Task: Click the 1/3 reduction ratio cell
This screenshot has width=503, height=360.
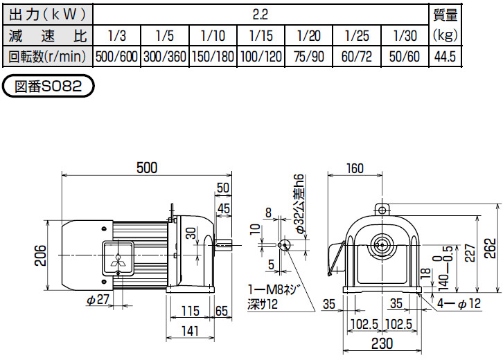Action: point(116,35)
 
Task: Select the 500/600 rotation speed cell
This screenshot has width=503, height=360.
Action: point(116,57)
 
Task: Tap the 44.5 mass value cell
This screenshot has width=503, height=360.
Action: point(444,57)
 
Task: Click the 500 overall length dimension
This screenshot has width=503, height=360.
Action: point(146,168)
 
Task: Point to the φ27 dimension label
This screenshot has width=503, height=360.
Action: point(99,300)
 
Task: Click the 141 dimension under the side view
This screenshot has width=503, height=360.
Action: point(188,332)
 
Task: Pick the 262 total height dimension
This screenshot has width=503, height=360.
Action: point(490,248)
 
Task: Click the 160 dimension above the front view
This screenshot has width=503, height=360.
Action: point(354,168)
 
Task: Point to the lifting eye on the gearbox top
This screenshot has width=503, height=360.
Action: point(380,209)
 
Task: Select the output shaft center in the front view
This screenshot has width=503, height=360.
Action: point(380,245)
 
